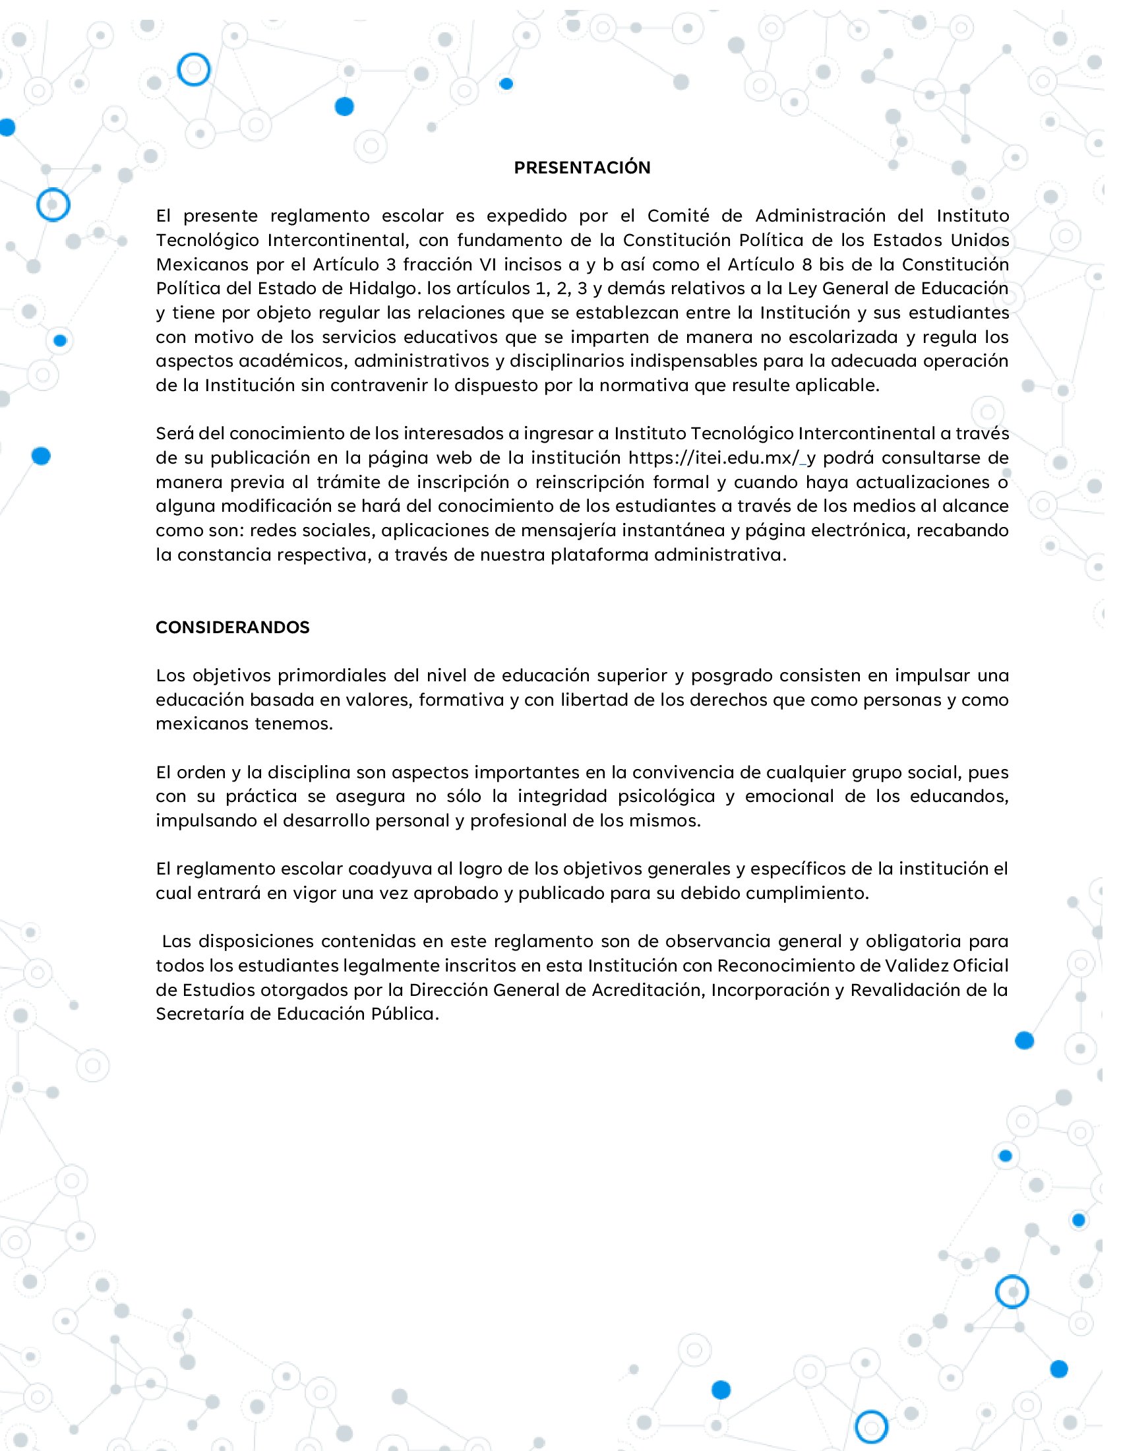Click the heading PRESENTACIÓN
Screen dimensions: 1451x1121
[582, 168]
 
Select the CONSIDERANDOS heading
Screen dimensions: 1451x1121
[232, 627]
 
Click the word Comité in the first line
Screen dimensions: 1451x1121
[678, 216]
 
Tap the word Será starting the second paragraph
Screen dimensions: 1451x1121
[174, 433]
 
